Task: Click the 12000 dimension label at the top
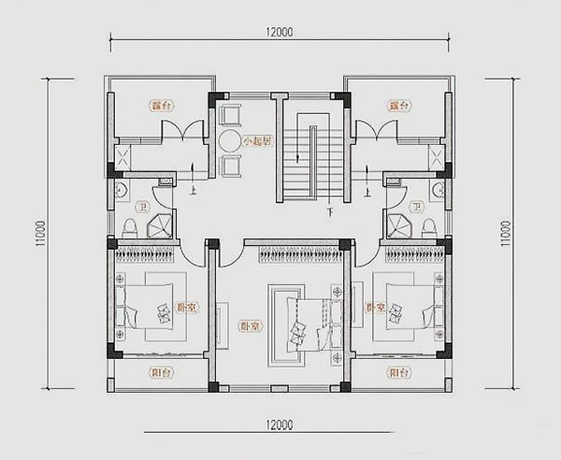[x=280, y=32]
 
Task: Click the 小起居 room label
[x=256, y=142]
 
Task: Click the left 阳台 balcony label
[x=160, y=372]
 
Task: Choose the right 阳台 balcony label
[x=399, y=372]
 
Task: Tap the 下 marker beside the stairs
[x=329, y=213]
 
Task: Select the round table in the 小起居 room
[x=230, y=141]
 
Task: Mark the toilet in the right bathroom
[x=430, y=227]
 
